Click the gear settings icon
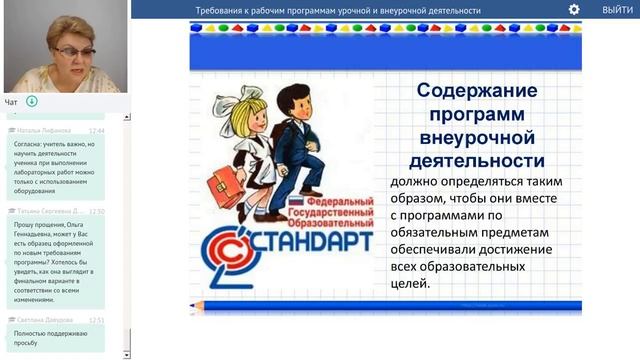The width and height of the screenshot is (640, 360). tap(574, 9)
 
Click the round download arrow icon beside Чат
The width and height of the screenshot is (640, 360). tap(32, 102)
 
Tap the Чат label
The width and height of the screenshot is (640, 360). tap(11, 102)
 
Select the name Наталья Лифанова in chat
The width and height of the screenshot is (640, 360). tap(42, 130)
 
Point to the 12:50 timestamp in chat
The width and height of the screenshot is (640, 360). tap(97, 212)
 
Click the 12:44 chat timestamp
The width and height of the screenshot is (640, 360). tap(97, 130)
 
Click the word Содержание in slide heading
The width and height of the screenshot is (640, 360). tap(476, 91)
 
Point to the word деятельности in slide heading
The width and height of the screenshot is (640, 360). tap(476, 160)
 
